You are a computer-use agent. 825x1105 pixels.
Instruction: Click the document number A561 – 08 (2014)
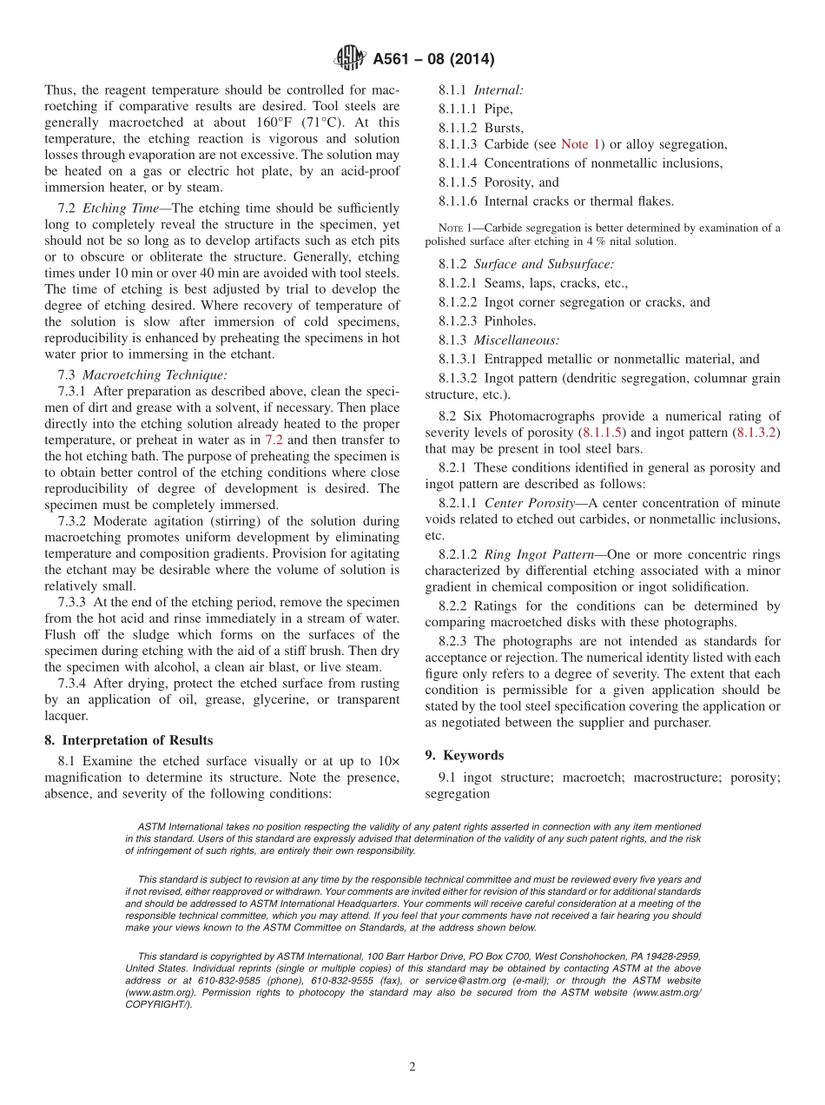433,60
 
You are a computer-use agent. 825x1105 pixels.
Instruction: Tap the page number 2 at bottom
412,1067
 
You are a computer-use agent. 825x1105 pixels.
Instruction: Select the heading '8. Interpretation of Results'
129,740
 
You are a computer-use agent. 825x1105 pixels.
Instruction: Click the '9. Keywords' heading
465,755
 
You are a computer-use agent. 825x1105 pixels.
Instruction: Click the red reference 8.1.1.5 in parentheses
599,432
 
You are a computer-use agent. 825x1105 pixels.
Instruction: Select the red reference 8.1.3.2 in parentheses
756,432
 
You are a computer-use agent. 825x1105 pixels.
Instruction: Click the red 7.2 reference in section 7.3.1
274,440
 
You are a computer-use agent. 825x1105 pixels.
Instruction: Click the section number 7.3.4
74,684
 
